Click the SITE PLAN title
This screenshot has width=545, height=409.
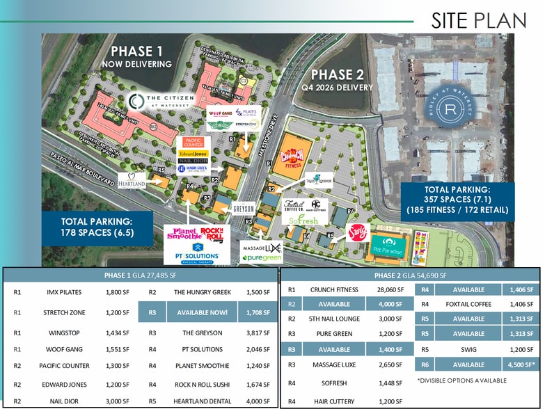tap(478, 20)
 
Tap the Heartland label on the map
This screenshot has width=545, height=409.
tap(132, 181)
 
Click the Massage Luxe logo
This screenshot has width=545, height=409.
tap(261, 248)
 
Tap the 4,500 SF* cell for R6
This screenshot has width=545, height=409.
tap(520, 364)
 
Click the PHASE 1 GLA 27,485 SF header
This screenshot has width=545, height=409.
tap(140, 275)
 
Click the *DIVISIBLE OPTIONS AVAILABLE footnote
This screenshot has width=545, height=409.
tap(462, 380)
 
